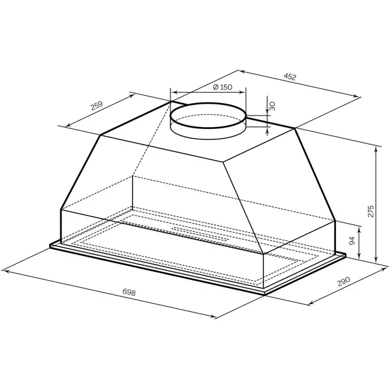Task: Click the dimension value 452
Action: tap(290, 77)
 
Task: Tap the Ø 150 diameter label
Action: tap(222, 87)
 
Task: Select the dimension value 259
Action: tap(97, 106)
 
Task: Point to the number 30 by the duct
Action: tap(272, 106)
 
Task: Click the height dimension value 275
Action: tap(371, 211)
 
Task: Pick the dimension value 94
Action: tap(352, 241)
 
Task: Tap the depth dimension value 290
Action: tap(344, 281)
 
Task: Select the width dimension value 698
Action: tap(129, 292)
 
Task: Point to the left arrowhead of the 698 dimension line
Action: tap(5, 271)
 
